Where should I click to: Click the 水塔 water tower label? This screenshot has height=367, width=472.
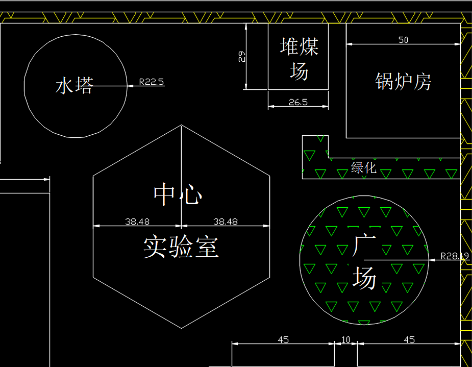point(74,85)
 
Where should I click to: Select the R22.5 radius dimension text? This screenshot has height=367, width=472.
point(152,81)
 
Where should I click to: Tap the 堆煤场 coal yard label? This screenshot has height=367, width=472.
point(299,59)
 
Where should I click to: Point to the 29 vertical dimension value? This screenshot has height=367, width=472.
point(242,56)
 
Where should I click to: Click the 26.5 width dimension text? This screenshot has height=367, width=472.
point(298,102)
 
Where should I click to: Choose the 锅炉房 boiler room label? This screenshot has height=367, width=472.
point(403,81)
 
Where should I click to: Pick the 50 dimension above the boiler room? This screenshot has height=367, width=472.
point(403,40)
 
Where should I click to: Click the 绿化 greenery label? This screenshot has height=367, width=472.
point(364,167)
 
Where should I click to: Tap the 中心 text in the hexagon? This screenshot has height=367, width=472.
point(178,194)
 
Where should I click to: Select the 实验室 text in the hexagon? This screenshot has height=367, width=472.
point(181,247)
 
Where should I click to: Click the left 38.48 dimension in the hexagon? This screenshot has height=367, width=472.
point(137,222)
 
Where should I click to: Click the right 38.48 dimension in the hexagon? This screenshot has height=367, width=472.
point(226,222)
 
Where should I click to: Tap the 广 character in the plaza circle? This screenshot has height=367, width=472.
point(364,246)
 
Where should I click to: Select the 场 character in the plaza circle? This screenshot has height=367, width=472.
point(364,279)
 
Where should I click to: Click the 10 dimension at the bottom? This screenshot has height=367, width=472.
point(346,339)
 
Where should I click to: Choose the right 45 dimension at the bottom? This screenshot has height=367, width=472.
point(409,339)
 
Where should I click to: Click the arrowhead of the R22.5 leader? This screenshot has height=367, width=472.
point(130,86)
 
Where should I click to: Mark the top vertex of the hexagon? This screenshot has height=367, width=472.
point(182,125)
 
